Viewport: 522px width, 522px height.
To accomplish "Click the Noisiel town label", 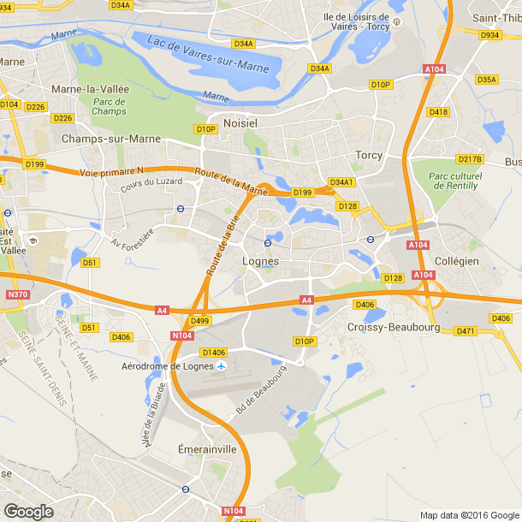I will click(240, 123).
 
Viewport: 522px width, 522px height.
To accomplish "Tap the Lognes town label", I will click(261, 262).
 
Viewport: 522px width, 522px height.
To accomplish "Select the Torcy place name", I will click(368, 155).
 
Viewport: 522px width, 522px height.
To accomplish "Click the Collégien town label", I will click(456, 260).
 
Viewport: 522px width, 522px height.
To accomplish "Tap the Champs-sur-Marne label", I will click(98, 138).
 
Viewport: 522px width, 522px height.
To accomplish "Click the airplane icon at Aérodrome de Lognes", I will click(221, 366).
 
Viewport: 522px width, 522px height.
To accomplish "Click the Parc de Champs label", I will click(109, 106).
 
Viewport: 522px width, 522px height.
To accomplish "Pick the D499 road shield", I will click(200, 321).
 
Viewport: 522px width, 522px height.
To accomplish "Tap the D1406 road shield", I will click(214, 352).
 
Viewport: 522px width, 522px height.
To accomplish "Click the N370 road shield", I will click(17, 294).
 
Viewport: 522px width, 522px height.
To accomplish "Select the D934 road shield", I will click(490, 35).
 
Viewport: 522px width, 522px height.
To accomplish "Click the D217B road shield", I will click(470, 159).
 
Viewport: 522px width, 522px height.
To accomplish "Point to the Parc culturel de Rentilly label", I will click(454, 181).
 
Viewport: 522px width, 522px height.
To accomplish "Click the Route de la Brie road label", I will click(221, 246).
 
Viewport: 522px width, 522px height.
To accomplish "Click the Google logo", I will click(28, 511).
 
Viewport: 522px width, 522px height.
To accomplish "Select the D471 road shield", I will click(466, 331).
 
